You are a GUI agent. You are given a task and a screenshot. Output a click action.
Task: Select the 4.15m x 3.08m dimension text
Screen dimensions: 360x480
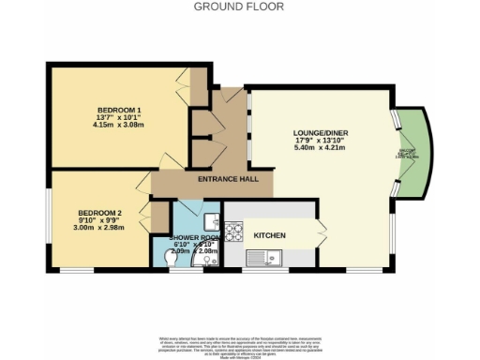pos(115,124)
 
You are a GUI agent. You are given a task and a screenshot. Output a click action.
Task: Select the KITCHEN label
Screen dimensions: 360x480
pos(271,235)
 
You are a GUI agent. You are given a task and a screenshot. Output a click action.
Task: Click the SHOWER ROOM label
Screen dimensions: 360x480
pos(194,238)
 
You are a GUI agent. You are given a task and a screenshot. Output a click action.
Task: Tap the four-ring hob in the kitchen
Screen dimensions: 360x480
pos(234,232)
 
